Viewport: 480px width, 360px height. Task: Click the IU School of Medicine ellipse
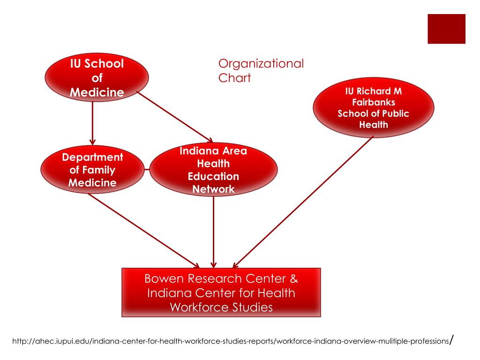(97, 77)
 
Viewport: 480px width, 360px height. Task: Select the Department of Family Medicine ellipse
(92, 169)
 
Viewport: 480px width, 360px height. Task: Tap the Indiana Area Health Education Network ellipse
(213, 170)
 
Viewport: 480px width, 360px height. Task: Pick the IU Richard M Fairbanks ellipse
(374, 107)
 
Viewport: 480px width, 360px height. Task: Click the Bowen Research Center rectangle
(221, 293)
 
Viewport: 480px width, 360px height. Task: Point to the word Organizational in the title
(261, 63)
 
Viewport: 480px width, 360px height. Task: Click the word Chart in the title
(234, 78)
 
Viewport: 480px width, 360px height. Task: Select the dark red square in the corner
(446, 29)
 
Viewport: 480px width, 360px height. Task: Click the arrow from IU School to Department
(92, 122)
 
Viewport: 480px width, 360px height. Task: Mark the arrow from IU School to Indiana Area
(174, 117)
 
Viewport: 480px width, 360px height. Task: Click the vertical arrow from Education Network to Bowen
(214, 230)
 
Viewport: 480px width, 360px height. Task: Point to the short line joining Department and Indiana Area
(147, 169)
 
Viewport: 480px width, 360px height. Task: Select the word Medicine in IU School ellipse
(97, 92)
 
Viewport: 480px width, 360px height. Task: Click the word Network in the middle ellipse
(213, 189)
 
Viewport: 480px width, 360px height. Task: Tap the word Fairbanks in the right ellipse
(374, 102)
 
